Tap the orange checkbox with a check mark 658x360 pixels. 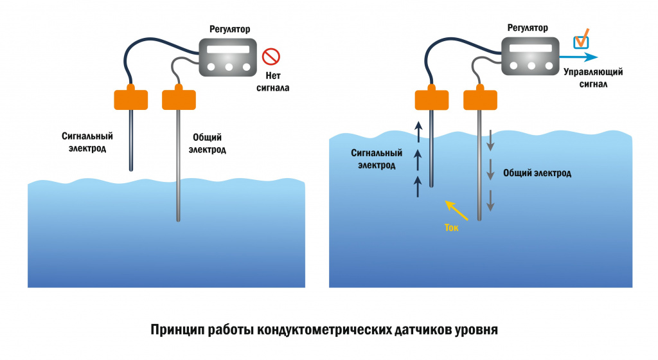tap(581, 40)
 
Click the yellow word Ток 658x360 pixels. tap(452, 227)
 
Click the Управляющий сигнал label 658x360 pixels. tap(593, 78)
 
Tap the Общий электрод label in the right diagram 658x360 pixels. tap(537, 173)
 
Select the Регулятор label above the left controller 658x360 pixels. tap(229, 29)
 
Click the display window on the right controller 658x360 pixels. tap(531, 48)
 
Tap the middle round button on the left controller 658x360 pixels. tap(229, 67)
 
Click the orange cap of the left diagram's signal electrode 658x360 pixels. tap(130, 99)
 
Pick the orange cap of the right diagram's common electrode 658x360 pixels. tap(480, 99)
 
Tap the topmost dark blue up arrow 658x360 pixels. tap(418, 133)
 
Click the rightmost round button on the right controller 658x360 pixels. tap(547, 66)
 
